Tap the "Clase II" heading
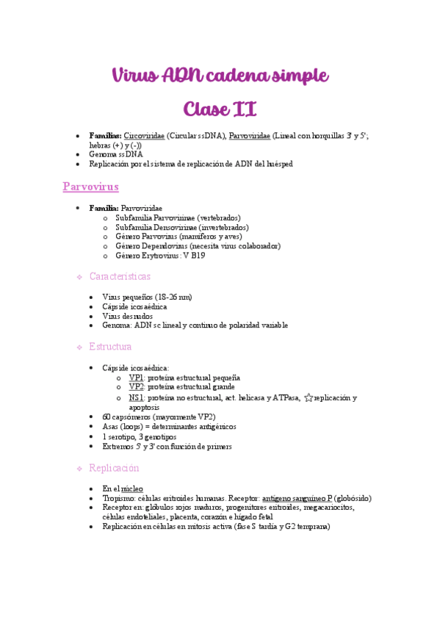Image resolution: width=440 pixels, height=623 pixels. point(220,109)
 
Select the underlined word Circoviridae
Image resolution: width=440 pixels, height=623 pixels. point(144,136)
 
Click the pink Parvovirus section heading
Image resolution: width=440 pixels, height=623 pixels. point(91,187)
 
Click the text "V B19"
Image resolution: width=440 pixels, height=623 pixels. point(192,256)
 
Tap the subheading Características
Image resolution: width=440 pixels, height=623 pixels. point(120,277)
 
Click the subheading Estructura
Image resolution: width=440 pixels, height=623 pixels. point(110,346)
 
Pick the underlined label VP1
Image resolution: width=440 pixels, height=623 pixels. point(136,377)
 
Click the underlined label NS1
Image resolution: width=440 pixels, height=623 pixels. point(136,397)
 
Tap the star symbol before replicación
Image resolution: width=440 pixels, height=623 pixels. point(309,397)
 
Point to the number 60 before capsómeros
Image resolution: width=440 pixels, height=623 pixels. point(107,417)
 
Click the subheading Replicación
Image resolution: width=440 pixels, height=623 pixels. point(114,468)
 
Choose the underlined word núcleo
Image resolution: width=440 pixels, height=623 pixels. point(132,489)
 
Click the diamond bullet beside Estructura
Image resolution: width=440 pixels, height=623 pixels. point(79,347)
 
